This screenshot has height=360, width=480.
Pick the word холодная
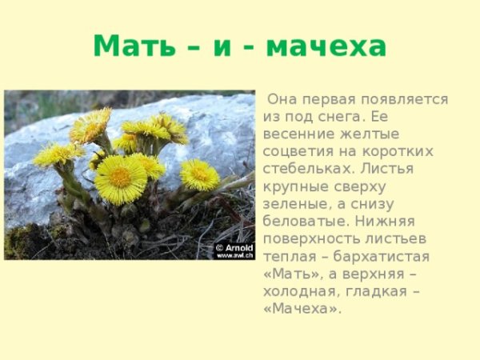click(x=298, y=291)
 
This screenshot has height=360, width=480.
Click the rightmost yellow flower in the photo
click(x=200, y=174)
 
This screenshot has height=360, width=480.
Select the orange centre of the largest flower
click(x=120, y=178)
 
